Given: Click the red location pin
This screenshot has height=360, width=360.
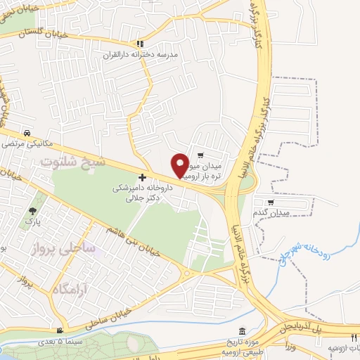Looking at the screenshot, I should tap(180, 165).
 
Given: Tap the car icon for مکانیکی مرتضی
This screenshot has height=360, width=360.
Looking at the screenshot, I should tap(27, 133).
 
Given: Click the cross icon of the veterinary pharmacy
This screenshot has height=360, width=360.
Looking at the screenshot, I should tap(143, 178).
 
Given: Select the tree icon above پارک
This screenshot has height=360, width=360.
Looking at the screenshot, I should tap(32, 211).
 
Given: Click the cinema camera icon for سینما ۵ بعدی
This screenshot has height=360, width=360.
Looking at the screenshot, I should tap(60, 330).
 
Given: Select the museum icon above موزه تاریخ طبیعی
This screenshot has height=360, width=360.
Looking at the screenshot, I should tap(242, 330).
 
